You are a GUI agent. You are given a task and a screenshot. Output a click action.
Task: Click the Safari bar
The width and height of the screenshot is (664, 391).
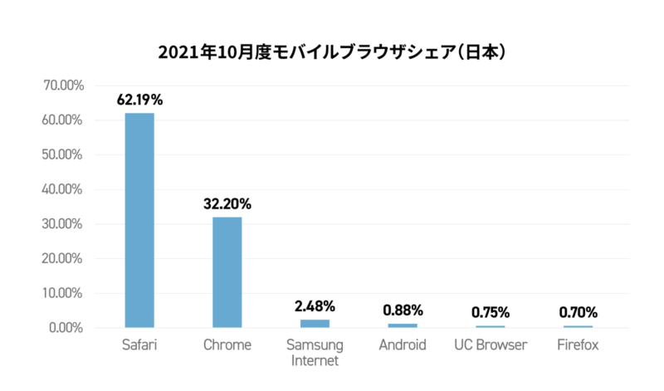point(139,220)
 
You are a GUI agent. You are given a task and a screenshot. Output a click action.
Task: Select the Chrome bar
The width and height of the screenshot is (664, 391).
point(227,272)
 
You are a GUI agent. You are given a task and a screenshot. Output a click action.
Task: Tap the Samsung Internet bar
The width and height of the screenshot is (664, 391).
point(315,323)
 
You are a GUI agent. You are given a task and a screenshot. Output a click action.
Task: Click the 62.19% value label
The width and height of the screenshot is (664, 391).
point(139,100)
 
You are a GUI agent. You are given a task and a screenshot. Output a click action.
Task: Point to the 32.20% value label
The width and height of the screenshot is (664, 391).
point(227,203)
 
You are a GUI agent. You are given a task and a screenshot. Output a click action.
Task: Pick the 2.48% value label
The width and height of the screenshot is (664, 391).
point(315,306)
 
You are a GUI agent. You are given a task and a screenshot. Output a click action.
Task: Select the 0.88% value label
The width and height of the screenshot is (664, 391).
point(403,310)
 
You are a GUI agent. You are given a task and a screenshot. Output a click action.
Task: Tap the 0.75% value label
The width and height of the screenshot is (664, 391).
point(491,312)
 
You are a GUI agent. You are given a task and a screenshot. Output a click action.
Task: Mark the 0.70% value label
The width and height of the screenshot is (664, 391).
point(578,312)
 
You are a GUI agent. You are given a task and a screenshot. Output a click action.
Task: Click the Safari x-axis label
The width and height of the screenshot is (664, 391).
point(139,345)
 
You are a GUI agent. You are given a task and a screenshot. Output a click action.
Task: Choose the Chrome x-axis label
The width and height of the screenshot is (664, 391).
point(227,345)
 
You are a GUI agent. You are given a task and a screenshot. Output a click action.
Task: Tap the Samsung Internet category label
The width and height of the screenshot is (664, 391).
point(315,352)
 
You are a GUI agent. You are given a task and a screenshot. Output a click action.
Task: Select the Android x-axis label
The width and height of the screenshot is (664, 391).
point(403,345)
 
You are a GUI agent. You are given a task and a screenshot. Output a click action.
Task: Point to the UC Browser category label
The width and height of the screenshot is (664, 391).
point(491,345)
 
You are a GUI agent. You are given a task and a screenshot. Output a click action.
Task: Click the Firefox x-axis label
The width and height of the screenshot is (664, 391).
point(578,345)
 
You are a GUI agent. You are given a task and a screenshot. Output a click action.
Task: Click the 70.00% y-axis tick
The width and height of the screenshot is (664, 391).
point(61,86)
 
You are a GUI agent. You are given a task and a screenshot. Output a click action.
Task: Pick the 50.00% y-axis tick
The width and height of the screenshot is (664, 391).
point(61,155)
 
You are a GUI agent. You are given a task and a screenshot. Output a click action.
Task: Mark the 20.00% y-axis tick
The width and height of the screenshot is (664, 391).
point(61,258)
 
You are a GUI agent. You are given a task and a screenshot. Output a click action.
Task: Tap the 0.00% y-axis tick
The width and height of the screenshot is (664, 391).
point(65,328)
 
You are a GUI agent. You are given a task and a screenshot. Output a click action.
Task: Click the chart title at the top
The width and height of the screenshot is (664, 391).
point(332,51)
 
